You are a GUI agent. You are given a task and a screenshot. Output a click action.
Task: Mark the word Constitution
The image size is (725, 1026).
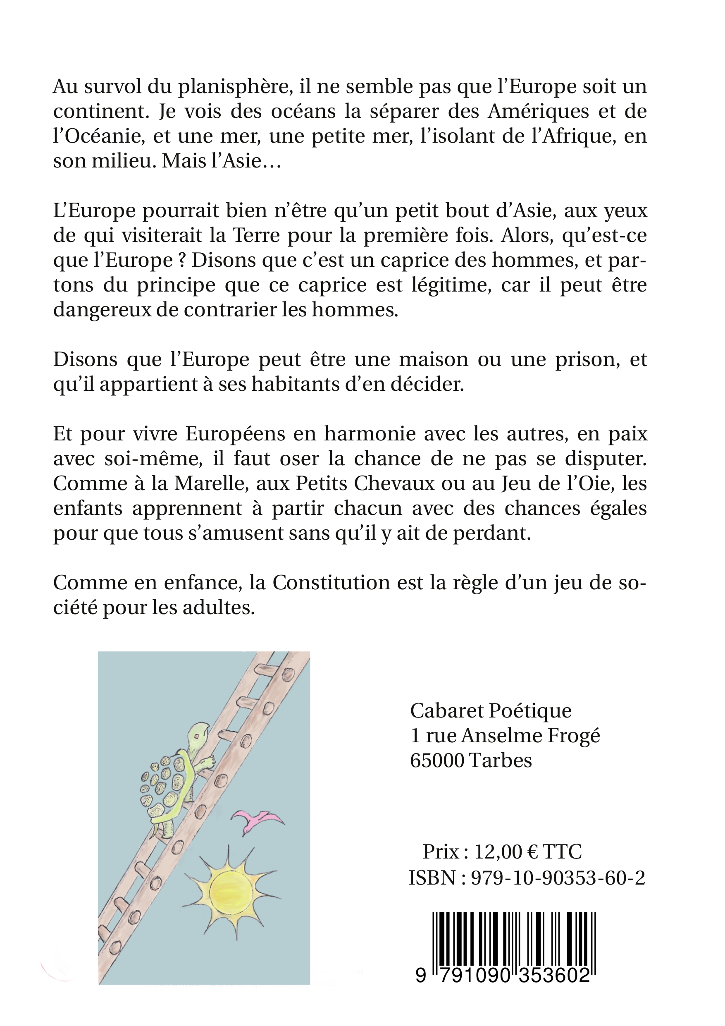(331, 583)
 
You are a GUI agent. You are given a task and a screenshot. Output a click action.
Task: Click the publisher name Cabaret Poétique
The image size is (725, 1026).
(491, 711)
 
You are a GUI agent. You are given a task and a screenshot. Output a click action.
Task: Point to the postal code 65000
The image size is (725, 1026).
(437, 760)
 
